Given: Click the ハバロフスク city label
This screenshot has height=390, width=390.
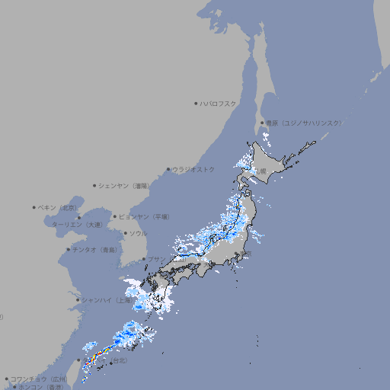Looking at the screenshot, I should [219, 103].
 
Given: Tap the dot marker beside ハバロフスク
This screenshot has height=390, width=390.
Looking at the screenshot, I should [196, 103].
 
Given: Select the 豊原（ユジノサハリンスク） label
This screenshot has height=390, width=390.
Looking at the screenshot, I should [304, 123].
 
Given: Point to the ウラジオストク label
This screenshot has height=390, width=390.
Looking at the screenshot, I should [193, 169].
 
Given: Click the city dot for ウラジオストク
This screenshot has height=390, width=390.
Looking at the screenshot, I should [168, 170].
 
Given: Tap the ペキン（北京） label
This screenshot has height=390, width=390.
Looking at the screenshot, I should [58, 207].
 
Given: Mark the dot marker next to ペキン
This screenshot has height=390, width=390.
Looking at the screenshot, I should [34, 207].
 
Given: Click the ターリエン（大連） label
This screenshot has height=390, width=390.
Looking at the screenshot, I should [77, 225].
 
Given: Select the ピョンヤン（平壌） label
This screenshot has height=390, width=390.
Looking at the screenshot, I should [143, 217].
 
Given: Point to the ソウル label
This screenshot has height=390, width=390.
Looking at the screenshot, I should [138, 234].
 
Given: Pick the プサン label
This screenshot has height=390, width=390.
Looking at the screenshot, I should [155, 260].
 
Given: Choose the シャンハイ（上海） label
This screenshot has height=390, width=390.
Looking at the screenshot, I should [105, 300].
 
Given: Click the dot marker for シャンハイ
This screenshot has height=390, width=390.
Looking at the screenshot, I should [78, 300].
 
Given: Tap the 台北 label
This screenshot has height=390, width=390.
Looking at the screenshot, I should [120, 360].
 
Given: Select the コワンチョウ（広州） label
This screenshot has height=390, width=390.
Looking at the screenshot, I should [39, 379].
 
